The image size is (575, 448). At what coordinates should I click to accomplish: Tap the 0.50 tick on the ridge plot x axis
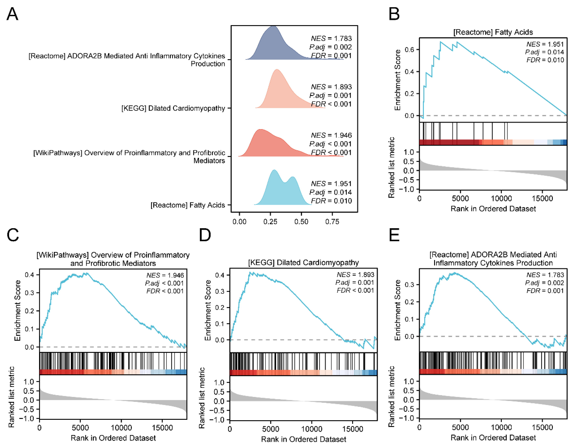click(301, 222)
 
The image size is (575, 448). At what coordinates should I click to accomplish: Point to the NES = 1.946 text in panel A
click(331, 135)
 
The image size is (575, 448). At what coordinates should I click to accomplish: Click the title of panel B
click(493, 32)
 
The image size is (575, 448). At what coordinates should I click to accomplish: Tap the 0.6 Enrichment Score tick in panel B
click(409, 50)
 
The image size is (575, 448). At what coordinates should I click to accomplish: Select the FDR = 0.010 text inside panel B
click(545, 60)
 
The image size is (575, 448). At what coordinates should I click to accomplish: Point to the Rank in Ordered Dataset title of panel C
click(113, 438)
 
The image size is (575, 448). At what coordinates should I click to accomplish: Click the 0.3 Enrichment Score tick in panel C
click(30, 293)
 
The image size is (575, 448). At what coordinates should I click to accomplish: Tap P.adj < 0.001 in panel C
click(164, 283)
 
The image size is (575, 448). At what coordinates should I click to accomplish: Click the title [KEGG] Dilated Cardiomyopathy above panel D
click(303, 263)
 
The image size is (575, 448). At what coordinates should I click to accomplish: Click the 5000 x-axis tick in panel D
click(270, 429)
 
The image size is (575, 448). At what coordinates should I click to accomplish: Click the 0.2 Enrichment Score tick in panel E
click(409, 302)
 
